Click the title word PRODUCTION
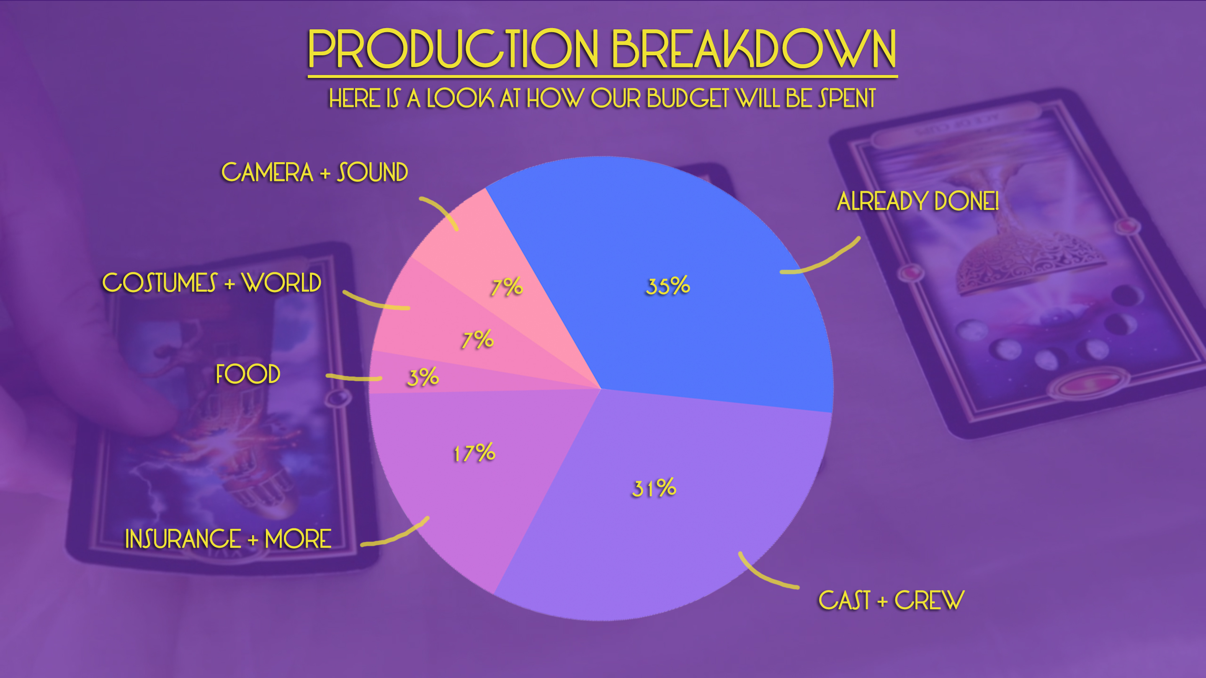click(x=453, y=49)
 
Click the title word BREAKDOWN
click(x=754, y=49)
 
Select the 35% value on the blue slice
click(x=668, y=286)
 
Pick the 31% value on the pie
click(x=654, y=488)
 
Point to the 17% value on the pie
click(x=474, y=453)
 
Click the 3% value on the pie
click(x=423, y=377)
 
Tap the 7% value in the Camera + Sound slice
click(x=507, y=287)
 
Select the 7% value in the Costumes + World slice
click(x=477, y=340)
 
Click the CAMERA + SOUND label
click(x=314, y=172)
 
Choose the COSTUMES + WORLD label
click(x=211, y=282)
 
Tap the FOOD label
click(x=248, y=374)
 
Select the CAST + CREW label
click(x=892, y=600)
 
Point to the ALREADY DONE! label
click(x=917, y=201)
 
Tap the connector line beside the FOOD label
click(x=354, y=377)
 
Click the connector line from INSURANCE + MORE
click(x=398, y=536)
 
